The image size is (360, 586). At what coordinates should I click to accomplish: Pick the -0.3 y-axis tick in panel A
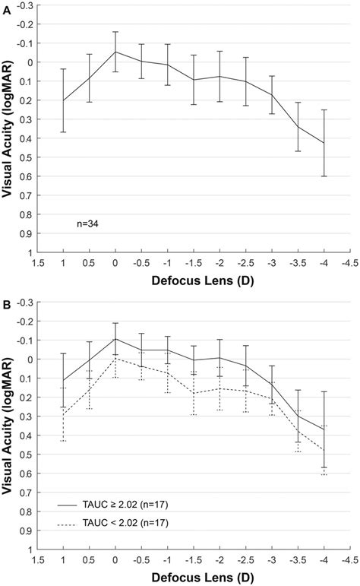(x=26, y=5)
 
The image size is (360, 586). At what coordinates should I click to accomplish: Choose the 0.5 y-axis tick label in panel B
(x=26, y=455)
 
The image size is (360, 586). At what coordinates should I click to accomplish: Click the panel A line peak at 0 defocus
(x=115, y=52)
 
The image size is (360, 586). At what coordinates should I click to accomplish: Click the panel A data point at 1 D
(x=63, y=100)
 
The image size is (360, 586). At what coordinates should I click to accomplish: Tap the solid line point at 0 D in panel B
(x=115, y=339)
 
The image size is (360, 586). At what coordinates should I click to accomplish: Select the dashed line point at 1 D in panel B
(x=63, y=413)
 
